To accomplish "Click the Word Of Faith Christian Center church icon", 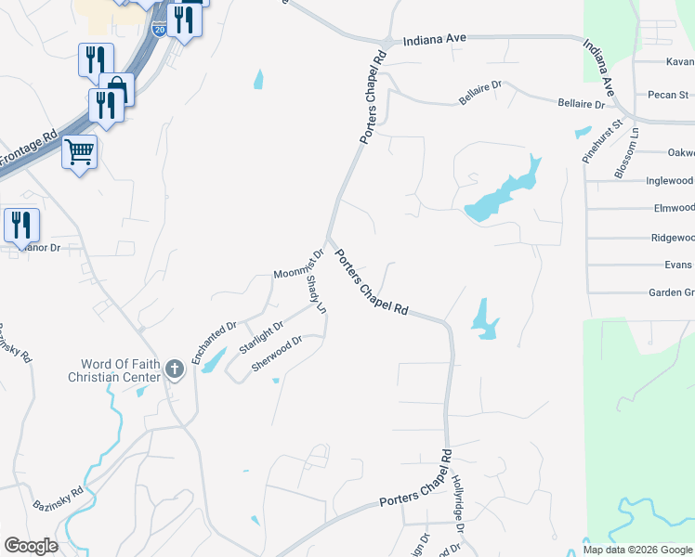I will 174,370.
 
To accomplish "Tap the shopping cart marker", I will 79,150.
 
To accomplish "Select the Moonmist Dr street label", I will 298,266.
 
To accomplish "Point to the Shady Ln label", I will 317,293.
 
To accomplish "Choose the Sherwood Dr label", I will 277,354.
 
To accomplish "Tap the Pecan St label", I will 669,95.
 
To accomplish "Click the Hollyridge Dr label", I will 457,503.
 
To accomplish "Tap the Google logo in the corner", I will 31,546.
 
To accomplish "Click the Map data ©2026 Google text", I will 636,550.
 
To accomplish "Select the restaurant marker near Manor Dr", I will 20,225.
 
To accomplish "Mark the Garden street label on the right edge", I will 671,293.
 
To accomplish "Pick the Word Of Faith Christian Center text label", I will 115,370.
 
